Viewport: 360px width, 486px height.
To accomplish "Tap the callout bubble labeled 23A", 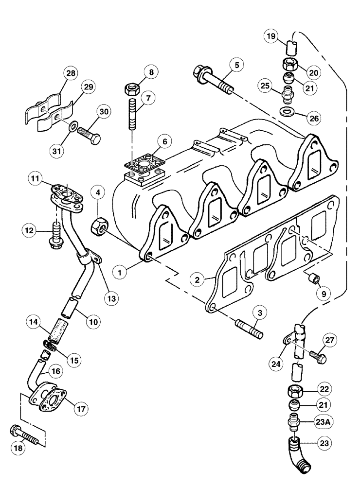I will coord(314,422).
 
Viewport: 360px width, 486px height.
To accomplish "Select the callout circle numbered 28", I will coord(71,74).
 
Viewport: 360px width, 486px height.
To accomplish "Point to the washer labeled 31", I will coord(72,127).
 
